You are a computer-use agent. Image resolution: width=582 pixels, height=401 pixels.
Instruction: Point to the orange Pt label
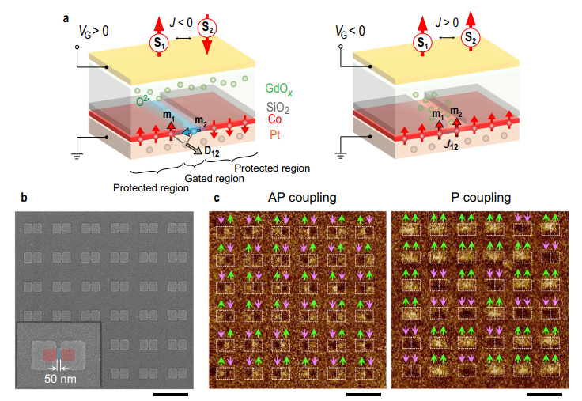274,135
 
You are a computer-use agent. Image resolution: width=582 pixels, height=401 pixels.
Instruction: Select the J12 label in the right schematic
453,146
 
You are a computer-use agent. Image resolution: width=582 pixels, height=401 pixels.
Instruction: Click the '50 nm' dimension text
60,379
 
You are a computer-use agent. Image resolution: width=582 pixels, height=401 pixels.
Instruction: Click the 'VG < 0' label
351,32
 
